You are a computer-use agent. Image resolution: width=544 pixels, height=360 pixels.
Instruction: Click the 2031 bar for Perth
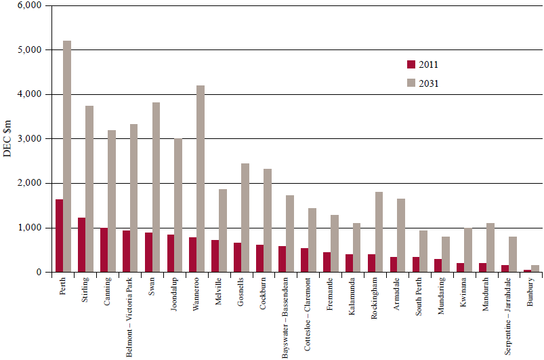click(x=67, y=157)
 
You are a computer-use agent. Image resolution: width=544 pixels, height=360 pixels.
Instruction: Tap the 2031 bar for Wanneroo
click(x=201, y=179)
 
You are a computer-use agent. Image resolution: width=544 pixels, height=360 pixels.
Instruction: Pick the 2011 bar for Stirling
click(x=81, y=245)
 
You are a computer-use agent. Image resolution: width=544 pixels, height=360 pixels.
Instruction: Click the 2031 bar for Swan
click(x=156, y=187)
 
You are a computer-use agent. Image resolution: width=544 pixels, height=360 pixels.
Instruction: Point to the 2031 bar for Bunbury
click(x=535, y=268)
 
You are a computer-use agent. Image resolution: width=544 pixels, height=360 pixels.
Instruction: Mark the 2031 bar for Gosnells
click(x=245, y=218)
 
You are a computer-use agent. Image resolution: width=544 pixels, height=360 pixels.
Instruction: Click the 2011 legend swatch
click(x=411, y=64)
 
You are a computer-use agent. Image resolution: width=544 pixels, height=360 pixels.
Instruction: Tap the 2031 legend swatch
click(x=411, y=83)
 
